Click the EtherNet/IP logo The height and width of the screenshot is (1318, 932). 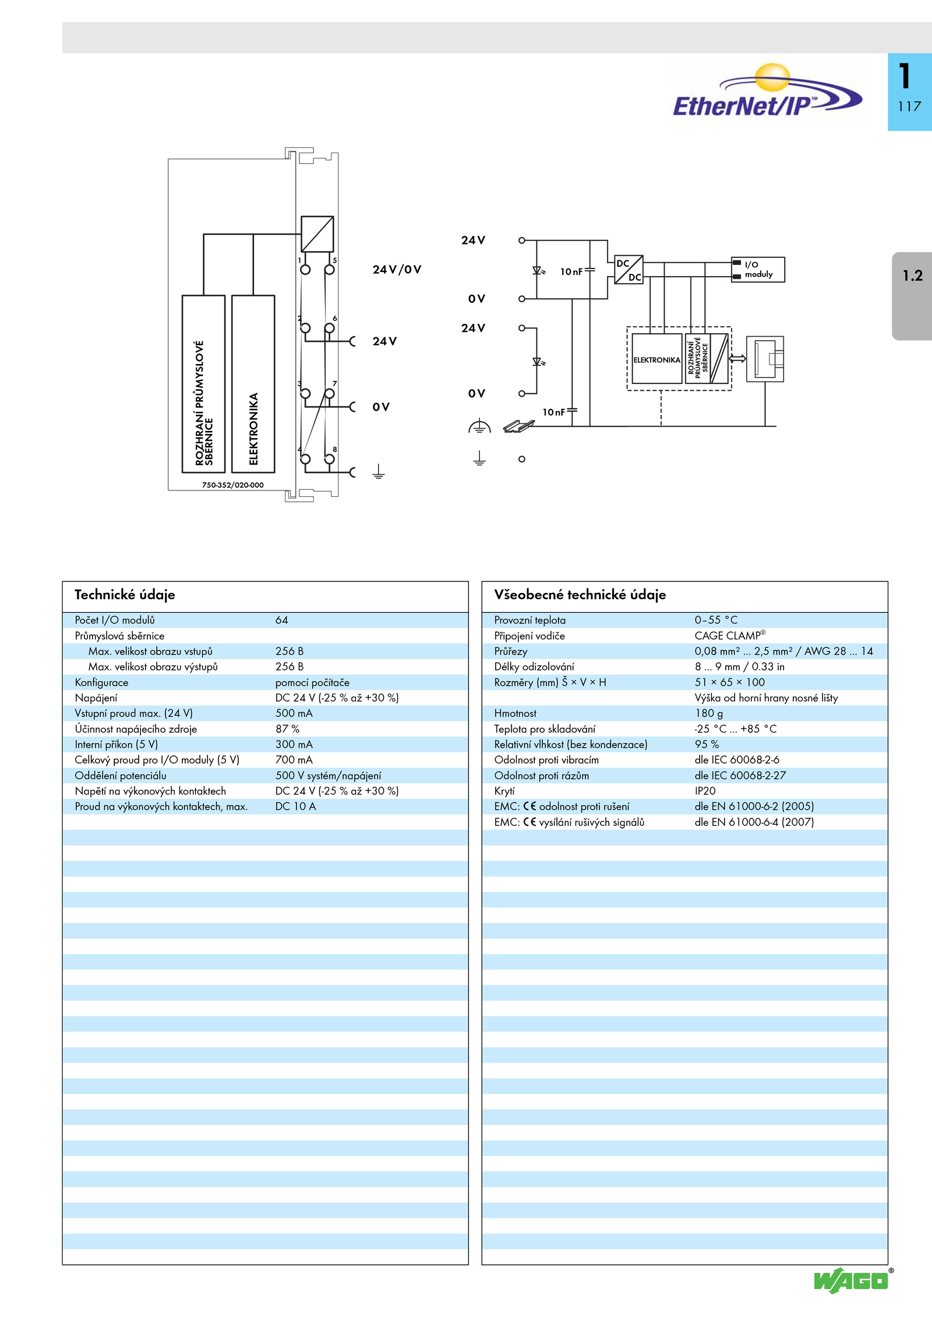[x=767, y=93]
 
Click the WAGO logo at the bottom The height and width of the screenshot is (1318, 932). [x=852, y=1280]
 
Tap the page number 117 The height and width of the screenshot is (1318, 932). [x=909, y=107]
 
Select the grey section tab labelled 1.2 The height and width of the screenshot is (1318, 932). [x=912, y=295]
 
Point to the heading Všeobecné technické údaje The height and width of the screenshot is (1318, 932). [x=580, y=595]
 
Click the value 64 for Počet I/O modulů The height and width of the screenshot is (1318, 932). [x=282, y=620]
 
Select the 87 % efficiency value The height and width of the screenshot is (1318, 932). [x=287, y=729]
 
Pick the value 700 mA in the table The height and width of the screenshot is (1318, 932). [x=294, y=760]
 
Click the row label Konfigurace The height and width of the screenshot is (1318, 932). [x=101, y=683]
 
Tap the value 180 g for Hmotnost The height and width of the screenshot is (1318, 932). [x=708, y=713]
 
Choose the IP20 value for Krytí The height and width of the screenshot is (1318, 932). [x=705, y=791]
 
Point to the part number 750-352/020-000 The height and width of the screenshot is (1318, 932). [x=232, y=485]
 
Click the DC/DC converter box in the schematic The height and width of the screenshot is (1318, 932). [x=629, y=270]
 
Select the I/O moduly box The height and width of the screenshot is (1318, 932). [x=758, y=270]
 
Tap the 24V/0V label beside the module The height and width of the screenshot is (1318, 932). [x=397, y=270]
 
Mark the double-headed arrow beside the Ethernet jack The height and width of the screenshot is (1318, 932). [x=737, y=359]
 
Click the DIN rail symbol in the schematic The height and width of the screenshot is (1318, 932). [x=518, y=426]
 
